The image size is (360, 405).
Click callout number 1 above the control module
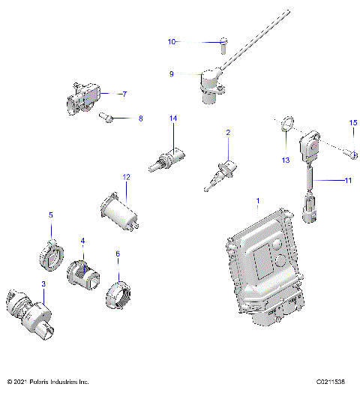pyautogui.click(x=258, y=202)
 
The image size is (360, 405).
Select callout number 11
pyautogui.click(x=347, y=181)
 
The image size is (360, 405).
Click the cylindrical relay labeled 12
pyautogui.click(x=120, y=209)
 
